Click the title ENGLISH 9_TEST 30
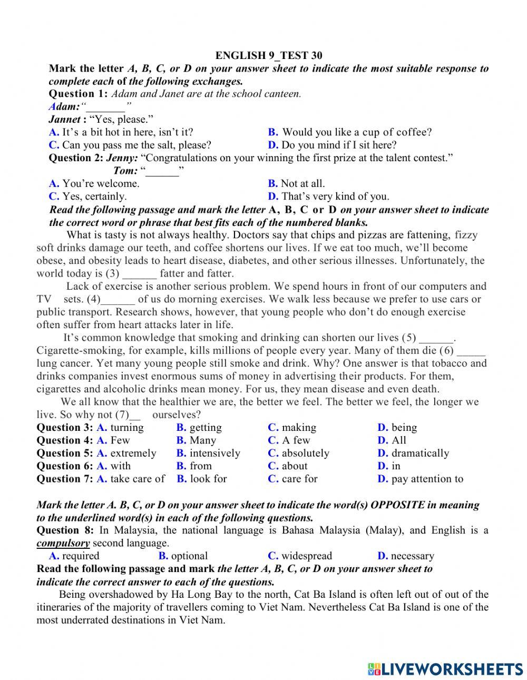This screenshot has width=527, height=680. pos(269,55)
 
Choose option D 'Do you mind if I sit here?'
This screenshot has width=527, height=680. pos(338,145)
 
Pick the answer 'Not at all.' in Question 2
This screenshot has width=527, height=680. pos(302,183)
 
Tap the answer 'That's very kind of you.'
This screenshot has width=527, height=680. pos(335,196)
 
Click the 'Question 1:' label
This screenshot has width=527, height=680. pos(78,94)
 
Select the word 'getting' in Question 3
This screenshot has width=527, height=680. pos(205,428)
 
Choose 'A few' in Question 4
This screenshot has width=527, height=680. pos(296,440)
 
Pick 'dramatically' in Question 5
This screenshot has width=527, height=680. pos(420,453)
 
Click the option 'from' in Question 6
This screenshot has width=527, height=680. pos(200,466)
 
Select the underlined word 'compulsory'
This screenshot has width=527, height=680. pos(63,543)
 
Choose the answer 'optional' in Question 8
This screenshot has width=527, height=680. pos(189,556)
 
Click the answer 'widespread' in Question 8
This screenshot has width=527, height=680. pos(307,556)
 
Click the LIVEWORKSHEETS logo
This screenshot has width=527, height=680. pos(445,669)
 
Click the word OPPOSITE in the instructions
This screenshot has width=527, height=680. pos(397,505)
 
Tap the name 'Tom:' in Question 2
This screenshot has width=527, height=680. pos(125,171)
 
